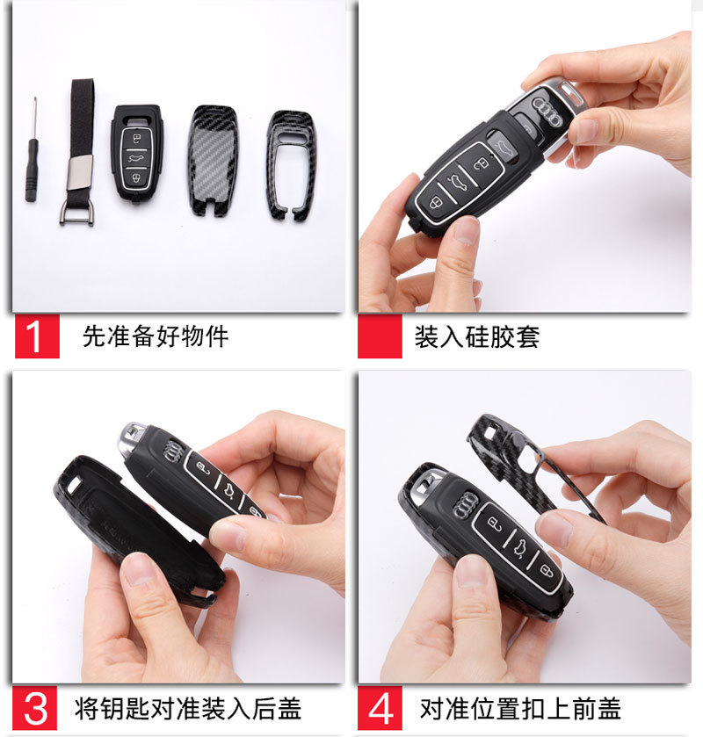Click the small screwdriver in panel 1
click(x=32, y=155)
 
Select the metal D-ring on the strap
click(x=77, y=213)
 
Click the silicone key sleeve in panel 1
click(x=136, y=153)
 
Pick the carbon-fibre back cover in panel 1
click(x=213, y=160)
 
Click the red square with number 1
click(x=37, y=336)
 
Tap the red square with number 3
click(x=35, y=708)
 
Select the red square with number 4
click(x=380, y=708)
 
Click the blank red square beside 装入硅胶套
click(x=380, y=336)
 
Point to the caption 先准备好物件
click(x=156, y=336)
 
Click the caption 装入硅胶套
click(x=476, y=336)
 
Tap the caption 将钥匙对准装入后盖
click(x=188, y=708)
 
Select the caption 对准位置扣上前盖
click(x=520, y=708)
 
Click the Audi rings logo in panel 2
click(x=547, y=112)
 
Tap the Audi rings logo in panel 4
click(x=466, y=506)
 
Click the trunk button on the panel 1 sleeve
click(x=136, y=157)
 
